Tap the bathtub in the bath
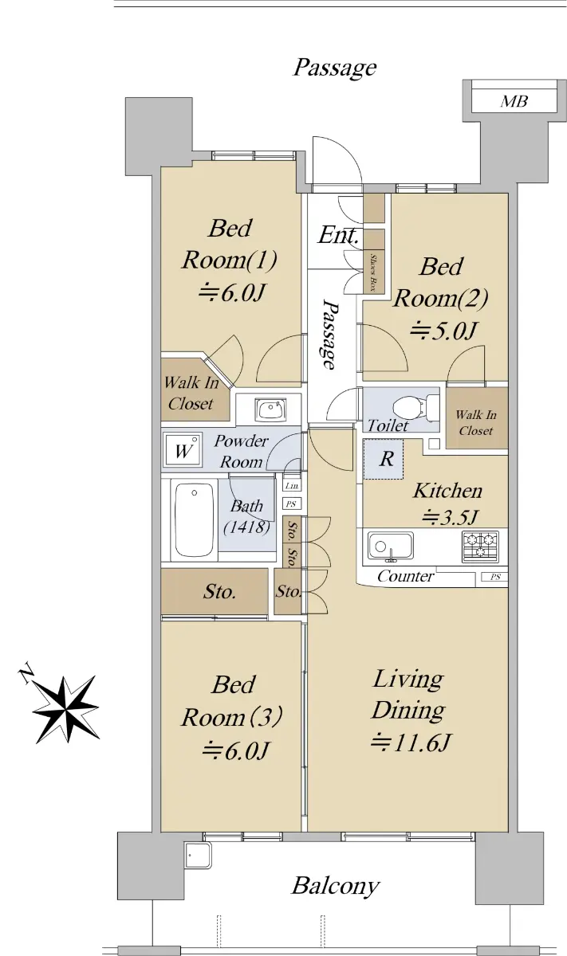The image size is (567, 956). coord(195,519)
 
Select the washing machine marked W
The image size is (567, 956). coord(183,450)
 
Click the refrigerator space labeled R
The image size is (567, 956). coord(384,459)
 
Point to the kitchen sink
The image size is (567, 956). coord(390,546)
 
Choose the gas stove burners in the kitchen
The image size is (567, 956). coord(480,546)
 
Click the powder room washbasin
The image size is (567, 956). coord(271,409)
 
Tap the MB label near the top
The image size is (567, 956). coord(514,101)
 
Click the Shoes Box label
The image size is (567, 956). coord(373,272)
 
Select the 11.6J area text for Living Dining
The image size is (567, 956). coord(410,742)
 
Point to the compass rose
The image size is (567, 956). coord(66,709)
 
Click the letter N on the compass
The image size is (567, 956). coord(26,673)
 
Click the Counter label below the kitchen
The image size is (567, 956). coord(405,576)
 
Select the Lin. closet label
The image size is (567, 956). coord(292,486)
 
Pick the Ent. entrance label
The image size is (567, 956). coord(338,235)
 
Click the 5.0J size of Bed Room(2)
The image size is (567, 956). coord(443,331)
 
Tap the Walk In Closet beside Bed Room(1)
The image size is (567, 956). coord(191,393)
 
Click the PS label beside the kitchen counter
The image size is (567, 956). coord(495,577)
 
